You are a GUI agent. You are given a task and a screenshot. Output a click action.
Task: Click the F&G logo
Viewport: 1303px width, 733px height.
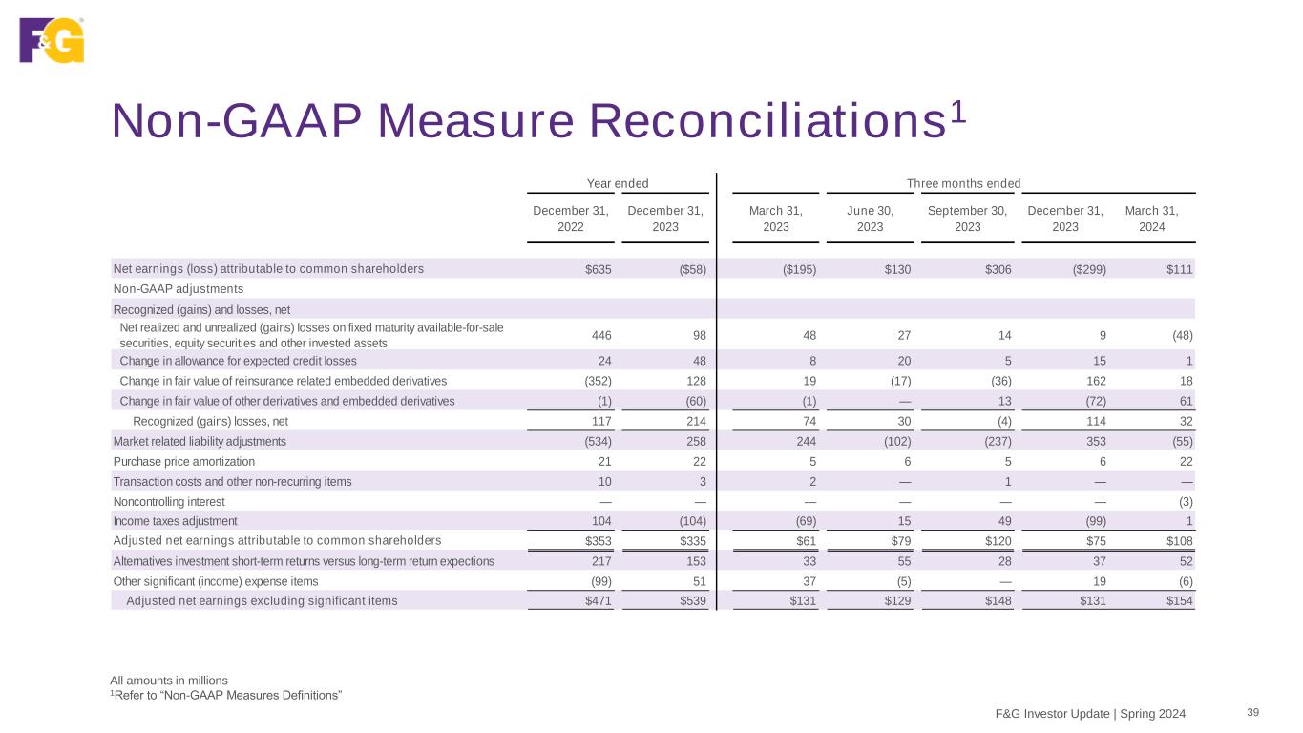(x=52, y=40)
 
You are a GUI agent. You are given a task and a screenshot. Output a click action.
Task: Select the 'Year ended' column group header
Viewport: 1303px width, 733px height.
(x=616, y=183)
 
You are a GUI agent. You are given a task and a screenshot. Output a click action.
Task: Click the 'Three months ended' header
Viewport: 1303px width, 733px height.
(x=963, y=183)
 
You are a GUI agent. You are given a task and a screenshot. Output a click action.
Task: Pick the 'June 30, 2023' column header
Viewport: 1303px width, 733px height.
(x=870, y=219)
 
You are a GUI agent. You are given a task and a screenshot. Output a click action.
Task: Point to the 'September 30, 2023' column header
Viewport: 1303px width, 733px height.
(x=967, y=219)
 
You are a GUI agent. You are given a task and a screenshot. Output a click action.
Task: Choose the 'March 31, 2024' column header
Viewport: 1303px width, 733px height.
(x=1151, y=219)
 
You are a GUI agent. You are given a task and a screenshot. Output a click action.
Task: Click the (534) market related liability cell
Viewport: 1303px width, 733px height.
(x=597, y=441)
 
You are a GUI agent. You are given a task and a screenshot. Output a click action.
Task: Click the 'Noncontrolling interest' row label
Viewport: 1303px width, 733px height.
(x=169, y=501)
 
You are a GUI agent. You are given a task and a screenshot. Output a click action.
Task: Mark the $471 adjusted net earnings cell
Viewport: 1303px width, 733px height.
(x=599, y=601)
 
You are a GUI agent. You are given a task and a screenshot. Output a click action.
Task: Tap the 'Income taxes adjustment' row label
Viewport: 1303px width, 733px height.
(x=175, y=521)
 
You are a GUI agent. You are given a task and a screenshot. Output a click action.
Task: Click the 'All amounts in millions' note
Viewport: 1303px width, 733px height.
(x=169, y=681)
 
